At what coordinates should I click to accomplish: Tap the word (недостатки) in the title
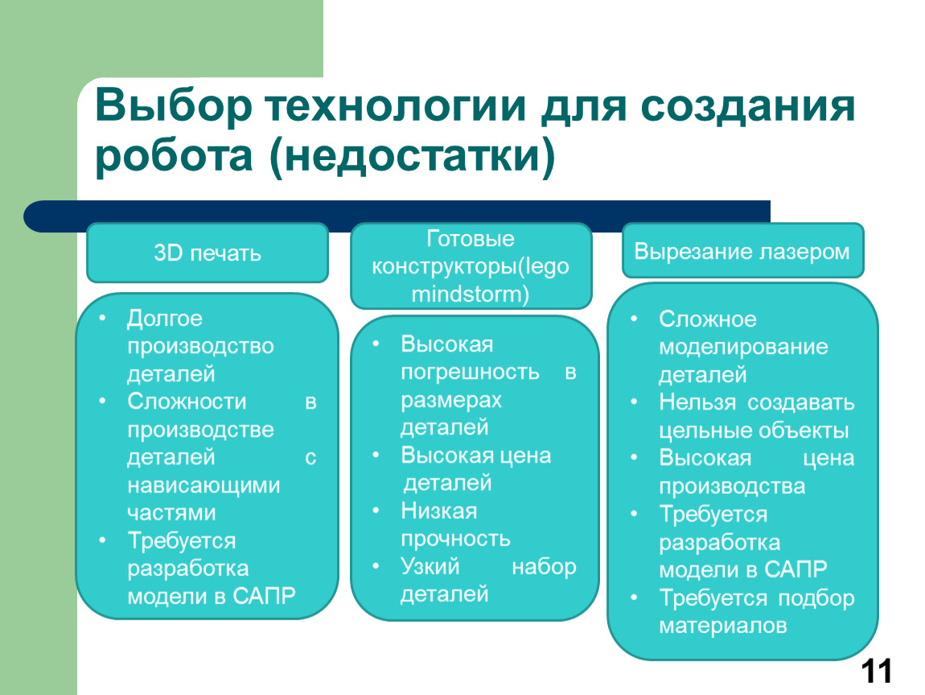point(413,156)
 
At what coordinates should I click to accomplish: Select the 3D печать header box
point(208,253)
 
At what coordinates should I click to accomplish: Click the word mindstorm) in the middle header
point(471,294)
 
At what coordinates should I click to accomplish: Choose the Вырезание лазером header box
point(742,251)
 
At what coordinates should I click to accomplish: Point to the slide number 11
point(877,672)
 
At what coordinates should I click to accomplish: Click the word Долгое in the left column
point(165,319)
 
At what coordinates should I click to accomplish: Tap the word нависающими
point(203,486)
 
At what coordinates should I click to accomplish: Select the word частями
point(171,513)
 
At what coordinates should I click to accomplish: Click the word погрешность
point(470,372)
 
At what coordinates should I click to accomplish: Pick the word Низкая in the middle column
point(439,511)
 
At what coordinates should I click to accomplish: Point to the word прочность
point(455,539)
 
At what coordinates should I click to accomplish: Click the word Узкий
point(430,566)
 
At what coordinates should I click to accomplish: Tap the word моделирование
point(743,347)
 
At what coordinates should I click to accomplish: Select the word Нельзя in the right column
point(698,402)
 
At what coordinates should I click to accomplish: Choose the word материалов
point(722,625)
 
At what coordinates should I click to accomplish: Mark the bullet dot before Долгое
point(103,318)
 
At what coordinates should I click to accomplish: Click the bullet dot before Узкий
point(376,565)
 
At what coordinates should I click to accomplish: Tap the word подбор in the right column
point(816,598)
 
